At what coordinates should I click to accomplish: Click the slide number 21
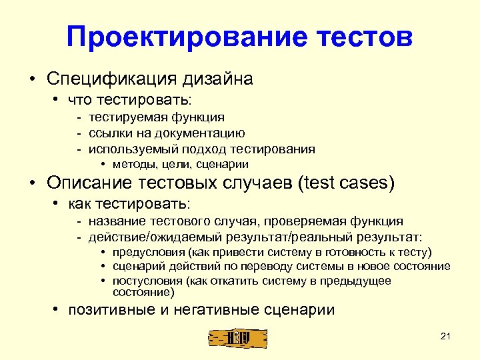(446, 336)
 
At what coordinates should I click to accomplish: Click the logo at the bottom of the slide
(238, 338)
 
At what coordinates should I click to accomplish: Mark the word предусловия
(149, 252)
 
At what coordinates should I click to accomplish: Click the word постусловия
(149, 281)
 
